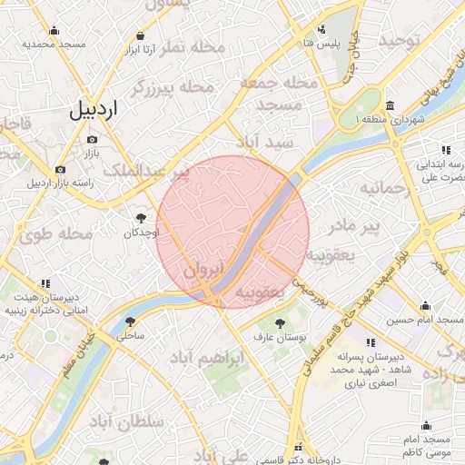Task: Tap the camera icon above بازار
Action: (x=92, y=139)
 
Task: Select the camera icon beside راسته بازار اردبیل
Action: (x=60, y=169)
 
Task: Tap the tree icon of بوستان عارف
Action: (x=279, y=322)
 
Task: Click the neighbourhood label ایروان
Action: (x=203, y=270)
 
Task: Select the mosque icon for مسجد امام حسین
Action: (x=426, y=305)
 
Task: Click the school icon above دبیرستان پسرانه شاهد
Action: (x=370, y=342)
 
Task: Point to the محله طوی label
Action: (x=57, y=233)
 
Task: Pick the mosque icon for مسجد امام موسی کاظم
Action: (x=426, y=425)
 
